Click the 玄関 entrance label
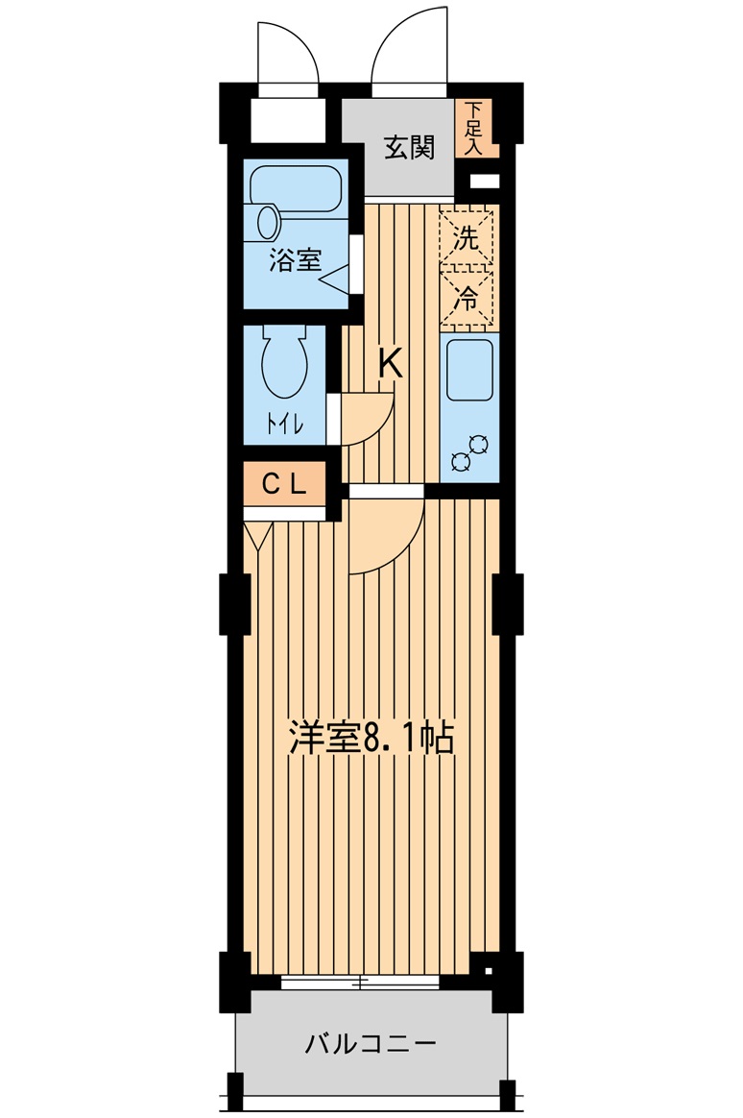coord(409,148)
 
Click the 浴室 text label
coord(295,260)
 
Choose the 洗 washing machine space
coord(467,237)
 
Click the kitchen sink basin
coord(469,370)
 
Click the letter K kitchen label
coord(391,364)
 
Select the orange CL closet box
coord(284,484)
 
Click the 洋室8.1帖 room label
coord(371,738)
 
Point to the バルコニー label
coord(371,1045)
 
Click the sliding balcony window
coord(360,983)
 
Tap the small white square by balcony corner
coord(488,970)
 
